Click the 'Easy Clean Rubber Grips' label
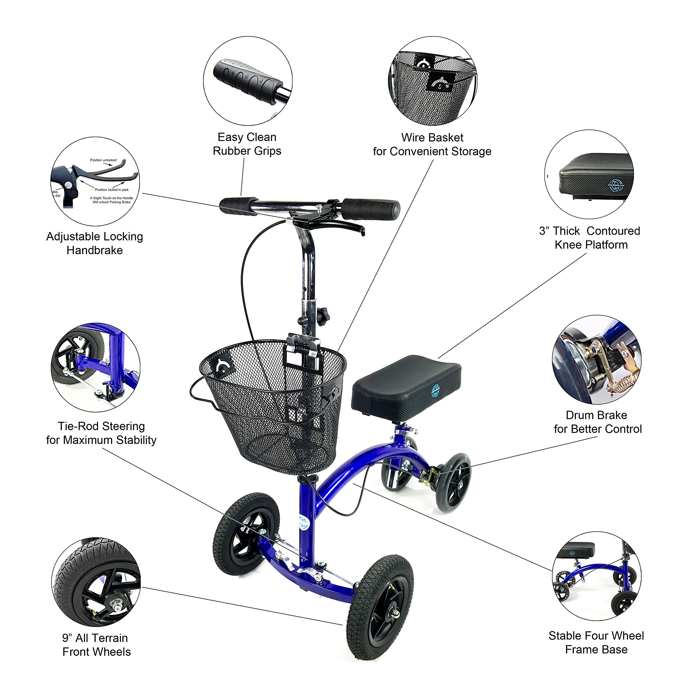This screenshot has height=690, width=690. (247, 144)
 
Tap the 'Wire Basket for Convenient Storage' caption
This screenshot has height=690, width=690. (432, 144)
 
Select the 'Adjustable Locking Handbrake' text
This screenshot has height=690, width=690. (95, 243)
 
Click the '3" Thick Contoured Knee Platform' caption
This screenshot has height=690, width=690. (590, 237)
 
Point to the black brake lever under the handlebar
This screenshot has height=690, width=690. (336, 226)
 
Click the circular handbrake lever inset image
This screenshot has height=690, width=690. (95, 181)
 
